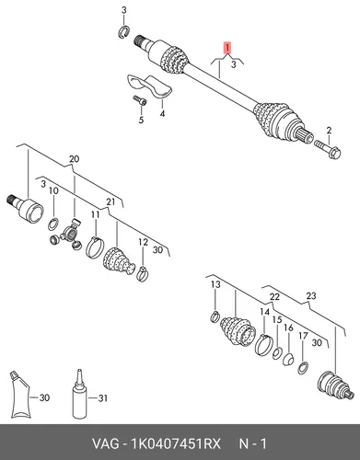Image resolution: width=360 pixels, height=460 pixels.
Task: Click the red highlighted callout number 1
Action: click(x=227, y=48)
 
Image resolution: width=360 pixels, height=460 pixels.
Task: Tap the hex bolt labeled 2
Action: click(x=328, y=148)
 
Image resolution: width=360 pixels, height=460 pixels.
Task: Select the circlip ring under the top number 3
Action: click(x=124, y=32)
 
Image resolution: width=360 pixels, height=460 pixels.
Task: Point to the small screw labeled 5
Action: click(x=140, y=101)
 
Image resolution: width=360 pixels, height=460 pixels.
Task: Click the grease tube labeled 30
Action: click(x=20, y=395)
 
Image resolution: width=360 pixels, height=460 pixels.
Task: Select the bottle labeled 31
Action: click(x=80, y=395)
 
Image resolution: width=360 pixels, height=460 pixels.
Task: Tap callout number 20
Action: click(x=74, y=159)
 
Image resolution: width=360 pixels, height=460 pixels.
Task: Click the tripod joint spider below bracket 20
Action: click(x=67, y=235)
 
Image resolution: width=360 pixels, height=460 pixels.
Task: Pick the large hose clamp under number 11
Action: click(x=95, y=247)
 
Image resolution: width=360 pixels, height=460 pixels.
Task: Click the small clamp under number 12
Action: click(x=142, y=273)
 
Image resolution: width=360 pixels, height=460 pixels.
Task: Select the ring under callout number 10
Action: click(x=52, y=224)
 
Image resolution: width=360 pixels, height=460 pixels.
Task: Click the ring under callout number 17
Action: click(x=302, y=368)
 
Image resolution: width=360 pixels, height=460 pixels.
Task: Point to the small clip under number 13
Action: click(x=215, y=316)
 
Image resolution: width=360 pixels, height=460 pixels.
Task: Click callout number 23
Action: click(x=311, y=296)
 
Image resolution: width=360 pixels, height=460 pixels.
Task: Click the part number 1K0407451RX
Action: click(x=176, y=443)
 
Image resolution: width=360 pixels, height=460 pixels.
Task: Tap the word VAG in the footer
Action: click(x=105, y=443)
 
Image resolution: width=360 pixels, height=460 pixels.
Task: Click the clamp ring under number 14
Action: click(x=263, y=345)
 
